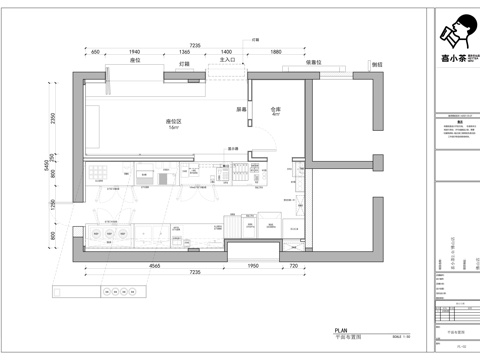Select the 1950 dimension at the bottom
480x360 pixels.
pyautogui.click(x=253, y=267)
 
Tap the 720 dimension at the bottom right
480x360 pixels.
pyautogui.click(x=293, y=267)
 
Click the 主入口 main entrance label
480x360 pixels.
pyautogui.click(x=227, y=61)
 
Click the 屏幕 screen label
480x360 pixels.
pyautogui.click(x=241, y=109)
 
